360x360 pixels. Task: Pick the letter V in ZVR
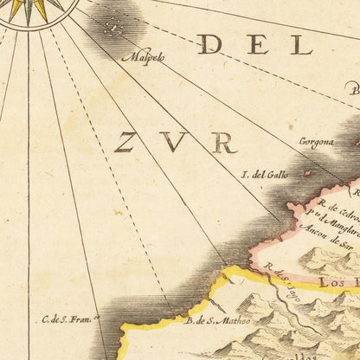pos(177,142)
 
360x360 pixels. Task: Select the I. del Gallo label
pos(264,175)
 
